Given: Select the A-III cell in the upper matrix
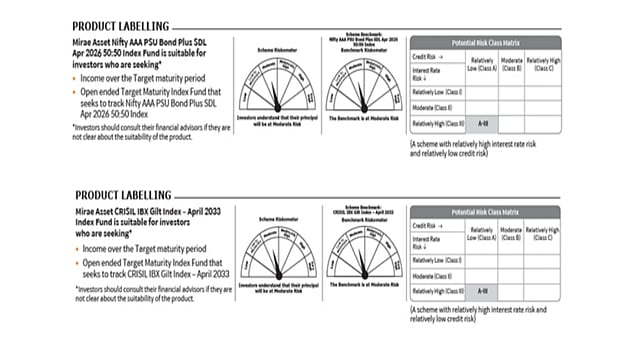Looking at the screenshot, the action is [483, 124].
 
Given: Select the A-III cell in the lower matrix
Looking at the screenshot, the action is [483, 290].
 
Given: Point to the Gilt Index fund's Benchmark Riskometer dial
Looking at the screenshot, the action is [362, 251].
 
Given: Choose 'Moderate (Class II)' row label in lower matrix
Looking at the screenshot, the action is [434, 275].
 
